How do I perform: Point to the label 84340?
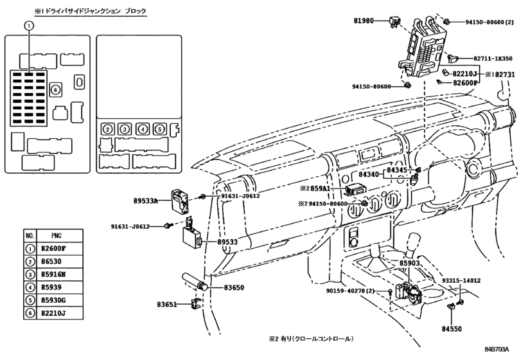[371, 174]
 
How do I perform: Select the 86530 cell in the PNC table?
[53, 262]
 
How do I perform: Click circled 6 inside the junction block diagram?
[55, 89]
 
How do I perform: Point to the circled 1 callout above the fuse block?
[28, 25]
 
